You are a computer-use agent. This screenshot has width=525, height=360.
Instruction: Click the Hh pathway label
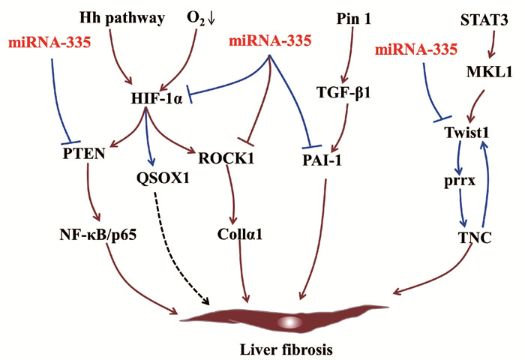tap(121, 16)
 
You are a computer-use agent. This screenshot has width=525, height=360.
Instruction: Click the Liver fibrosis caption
tap(274, 349)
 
